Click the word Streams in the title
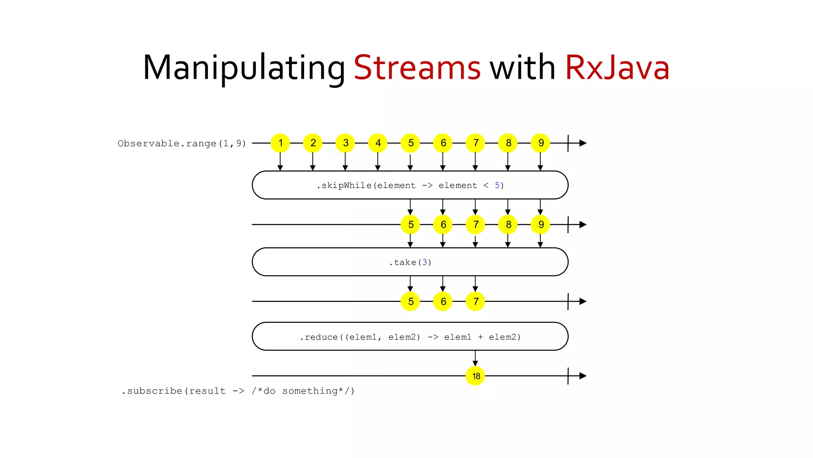(417, 68)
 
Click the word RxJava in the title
(617, 68)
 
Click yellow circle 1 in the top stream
(280, 143)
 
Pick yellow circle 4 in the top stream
(378, 143)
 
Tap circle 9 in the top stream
(541, 143)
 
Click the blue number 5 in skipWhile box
(497, 185)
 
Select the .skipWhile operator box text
(410, 185)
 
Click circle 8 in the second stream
(508, 225)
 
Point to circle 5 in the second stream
(410, 225)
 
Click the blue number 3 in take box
(424, 262)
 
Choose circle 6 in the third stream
(443, 301)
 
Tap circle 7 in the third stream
(476, 301)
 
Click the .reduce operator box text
(410, 337)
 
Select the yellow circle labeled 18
(476, 376)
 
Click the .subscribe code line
(237, 391)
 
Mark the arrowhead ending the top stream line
(583, 143)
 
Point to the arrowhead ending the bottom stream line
(583, 376)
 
